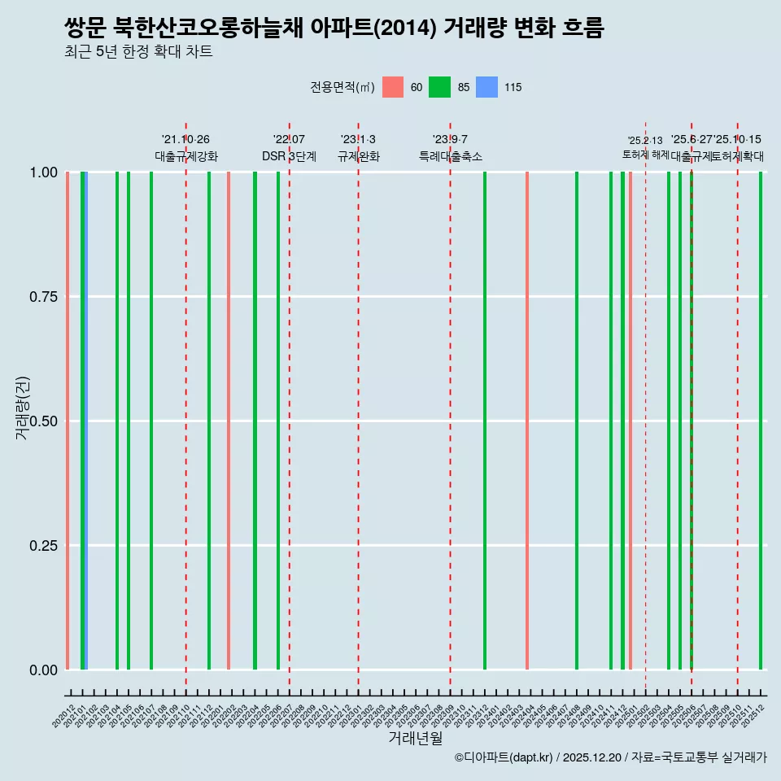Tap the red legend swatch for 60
click(393, 87)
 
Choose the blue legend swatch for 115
click(486, 87)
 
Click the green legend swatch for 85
click(439, 87)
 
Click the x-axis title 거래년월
click(415, 739)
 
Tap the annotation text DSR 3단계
click(289, 156)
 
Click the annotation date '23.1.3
click(358, 140)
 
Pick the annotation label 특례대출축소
click(451, 156)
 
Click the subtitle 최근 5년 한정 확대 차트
click(138, 53)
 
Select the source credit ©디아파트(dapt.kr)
click(504, 758)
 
